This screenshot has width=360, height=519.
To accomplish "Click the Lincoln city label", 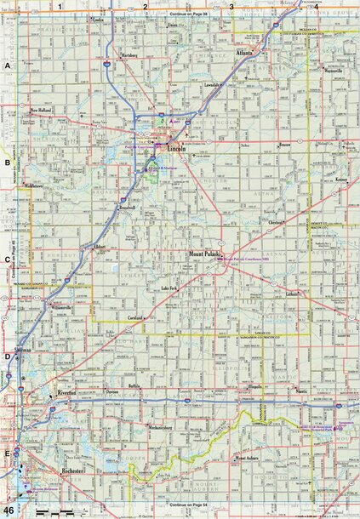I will (x=176, y=150).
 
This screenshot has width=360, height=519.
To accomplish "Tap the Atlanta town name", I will (x=246, y=53).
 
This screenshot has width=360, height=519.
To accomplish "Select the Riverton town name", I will (x=66, y=393).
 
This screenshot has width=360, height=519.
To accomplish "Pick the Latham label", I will (x=294, y=294).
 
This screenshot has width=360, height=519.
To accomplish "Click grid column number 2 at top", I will (x=146, y=7).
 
